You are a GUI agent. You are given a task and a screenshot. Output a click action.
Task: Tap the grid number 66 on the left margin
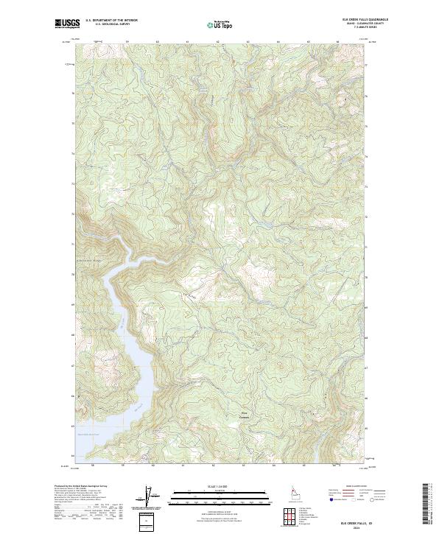click(x=72, y=396)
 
